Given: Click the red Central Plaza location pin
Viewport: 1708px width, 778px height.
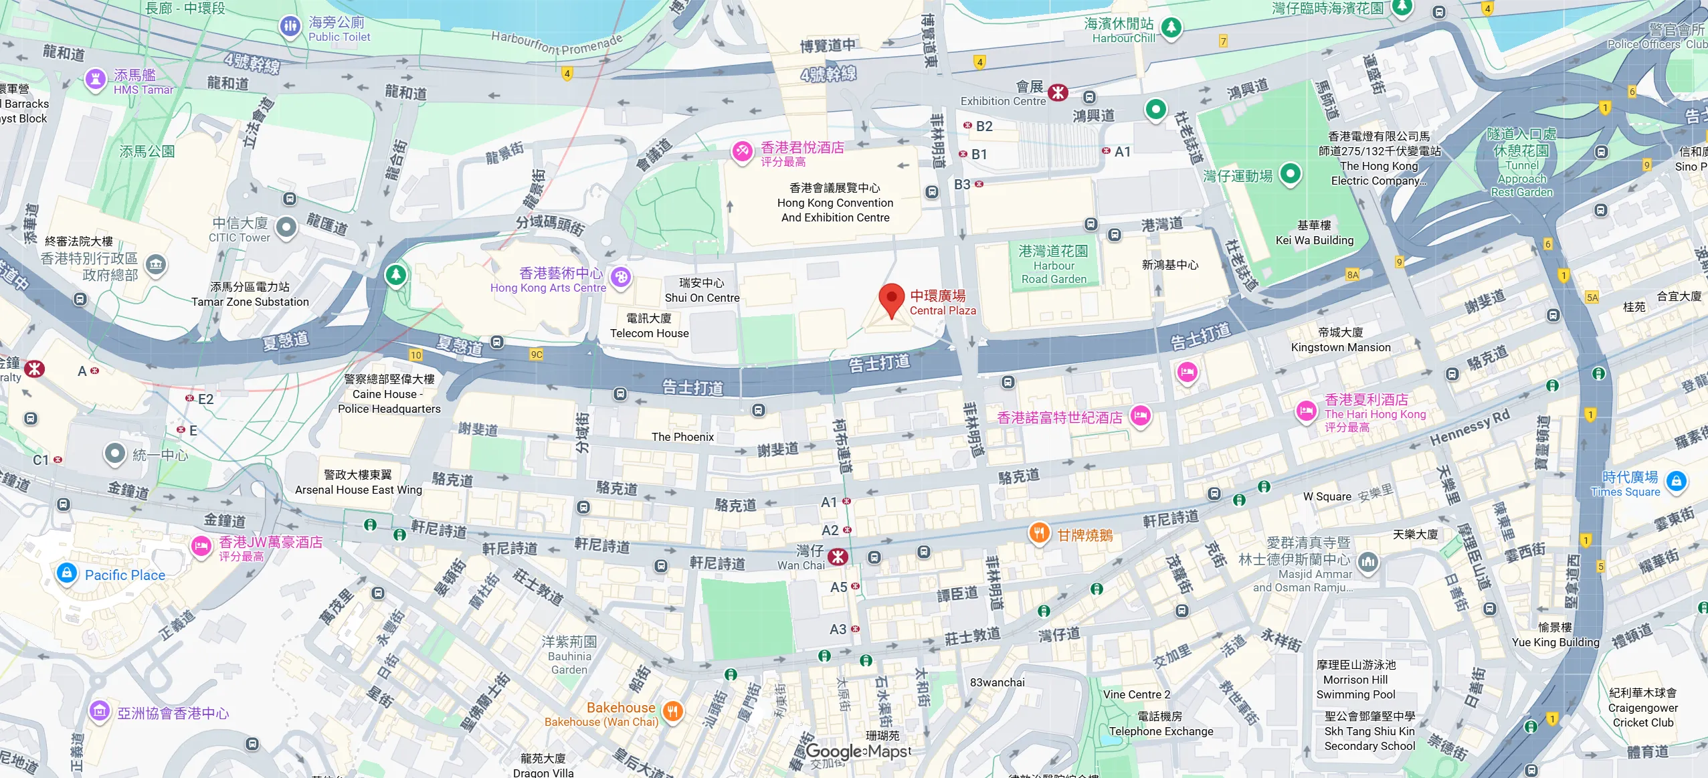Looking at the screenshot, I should tap(891, 299).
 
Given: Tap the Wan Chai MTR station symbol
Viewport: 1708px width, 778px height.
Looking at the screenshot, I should tap(838, 557).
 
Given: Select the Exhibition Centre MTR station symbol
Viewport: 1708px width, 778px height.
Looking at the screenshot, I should tap(1058, 92).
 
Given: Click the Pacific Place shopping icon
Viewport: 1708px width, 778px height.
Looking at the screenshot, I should tap(66, 573).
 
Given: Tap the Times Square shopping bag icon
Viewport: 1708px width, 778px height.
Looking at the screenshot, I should tap(1676, 481).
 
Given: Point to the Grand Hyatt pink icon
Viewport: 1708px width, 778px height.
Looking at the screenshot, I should tap(742, 151).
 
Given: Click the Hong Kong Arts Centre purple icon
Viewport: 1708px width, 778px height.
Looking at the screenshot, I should tap(621, 277).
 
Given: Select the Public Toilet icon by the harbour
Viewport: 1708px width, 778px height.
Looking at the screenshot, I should tap(290, 27).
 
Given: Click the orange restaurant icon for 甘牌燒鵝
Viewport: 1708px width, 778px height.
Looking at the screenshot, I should tap(1038, 533).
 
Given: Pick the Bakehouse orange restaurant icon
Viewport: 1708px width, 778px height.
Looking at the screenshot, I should tap(673, 711).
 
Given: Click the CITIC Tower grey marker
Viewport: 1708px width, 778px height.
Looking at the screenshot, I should tap(286, 227).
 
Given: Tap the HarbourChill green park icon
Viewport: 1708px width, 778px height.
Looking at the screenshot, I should tap(1170, 27).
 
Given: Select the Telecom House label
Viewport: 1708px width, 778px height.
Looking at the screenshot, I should tap(649, 326).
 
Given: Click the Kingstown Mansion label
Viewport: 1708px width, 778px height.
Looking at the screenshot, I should tap(1340, 341).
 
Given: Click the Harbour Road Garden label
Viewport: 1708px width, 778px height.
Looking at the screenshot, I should tap(1053, 265).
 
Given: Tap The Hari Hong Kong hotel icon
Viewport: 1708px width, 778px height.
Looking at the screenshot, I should tap(1306, 411).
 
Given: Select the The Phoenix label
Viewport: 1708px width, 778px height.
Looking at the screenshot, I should tap(682, 437).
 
